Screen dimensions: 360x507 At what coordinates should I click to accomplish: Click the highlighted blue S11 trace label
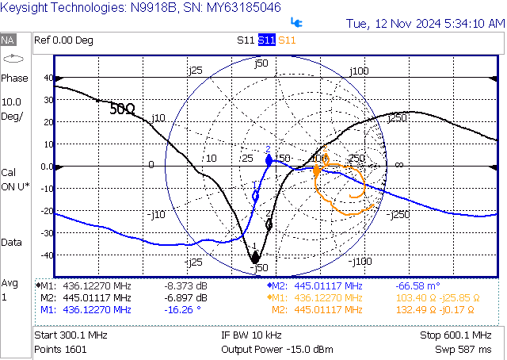266,40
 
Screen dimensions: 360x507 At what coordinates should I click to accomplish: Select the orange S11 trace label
287,40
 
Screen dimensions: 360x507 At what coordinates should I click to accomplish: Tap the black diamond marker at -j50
255,258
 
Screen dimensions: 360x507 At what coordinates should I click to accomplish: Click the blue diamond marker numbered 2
268,159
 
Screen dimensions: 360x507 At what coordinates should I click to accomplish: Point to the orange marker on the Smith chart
317,170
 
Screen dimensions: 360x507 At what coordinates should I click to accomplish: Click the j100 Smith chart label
360,71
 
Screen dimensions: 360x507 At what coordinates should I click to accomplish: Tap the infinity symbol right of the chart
398,164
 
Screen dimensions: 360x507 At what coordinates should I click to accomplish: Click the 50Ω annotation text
121,109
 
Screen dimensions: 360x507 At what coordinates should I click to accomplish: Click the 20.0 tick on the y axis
45,123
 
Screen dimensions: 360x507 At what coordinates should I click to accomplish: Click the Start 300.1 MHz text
82,335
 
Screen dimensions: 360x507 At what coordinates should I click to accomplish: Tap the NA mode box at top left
9,40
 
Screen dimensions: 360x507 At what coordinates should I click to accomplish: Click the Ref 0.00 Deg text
63,40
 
